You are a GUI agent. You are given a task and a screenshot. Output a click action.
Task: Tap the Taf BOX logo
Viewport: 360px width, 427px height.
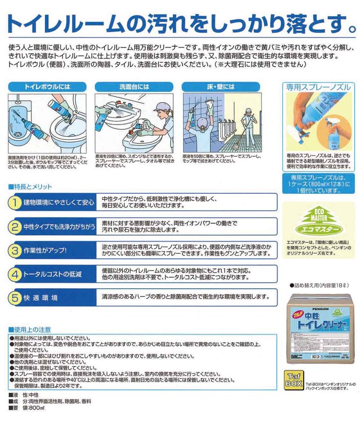294,381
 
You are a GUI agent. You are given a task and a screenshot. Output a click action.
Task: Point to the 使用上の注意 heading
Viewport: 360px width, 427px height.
32,330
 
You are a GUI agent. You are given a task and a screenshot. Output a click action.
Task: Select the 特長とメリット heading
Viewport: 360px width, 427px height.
33,186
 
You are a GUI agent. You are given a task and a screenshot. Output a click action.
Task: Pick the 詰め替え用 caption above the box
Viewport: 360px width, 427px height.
318,286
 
